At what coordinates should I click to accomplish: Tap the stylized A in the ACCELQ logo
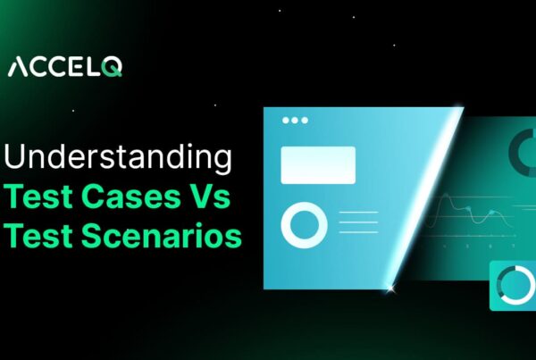coord(17,67)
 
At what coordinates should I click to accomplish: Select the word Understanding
coord(119,159)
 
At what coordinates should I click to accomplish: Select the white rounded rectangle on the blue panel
coord(318,165)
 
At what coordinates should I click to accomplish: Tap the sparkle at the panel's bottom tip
coord(389,287)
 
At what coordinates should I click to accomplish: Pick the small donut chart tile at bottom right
coord(513,284)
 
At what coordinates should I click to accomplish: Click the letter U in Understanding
coord(16,159)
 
